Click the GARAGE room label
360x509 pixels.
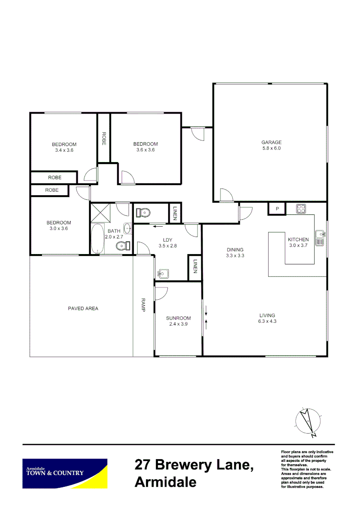[x=271, y=142]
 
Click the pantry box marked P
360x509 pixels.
[x=278, y=208]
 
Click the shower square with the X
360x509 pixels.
[x=99, y=212]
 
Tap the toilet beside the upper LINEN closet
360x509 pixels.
[x=143, y=213]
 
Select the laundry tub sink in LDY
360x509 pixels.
[x=164, y=273]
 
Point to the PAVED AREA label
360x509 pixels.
[x=83, y=309]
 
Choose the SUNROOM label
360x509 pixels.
[x=178, y=318]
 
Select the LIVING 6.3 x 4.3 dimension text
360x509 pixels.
[x=267, y=322]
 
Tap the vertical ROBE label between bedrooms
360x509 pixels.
[x=104, y=138]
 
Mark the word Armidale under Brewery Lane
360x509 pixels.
[x=165, y=483]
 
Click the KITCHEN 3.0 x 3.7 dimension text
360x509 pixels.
[x=298, y=246]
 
